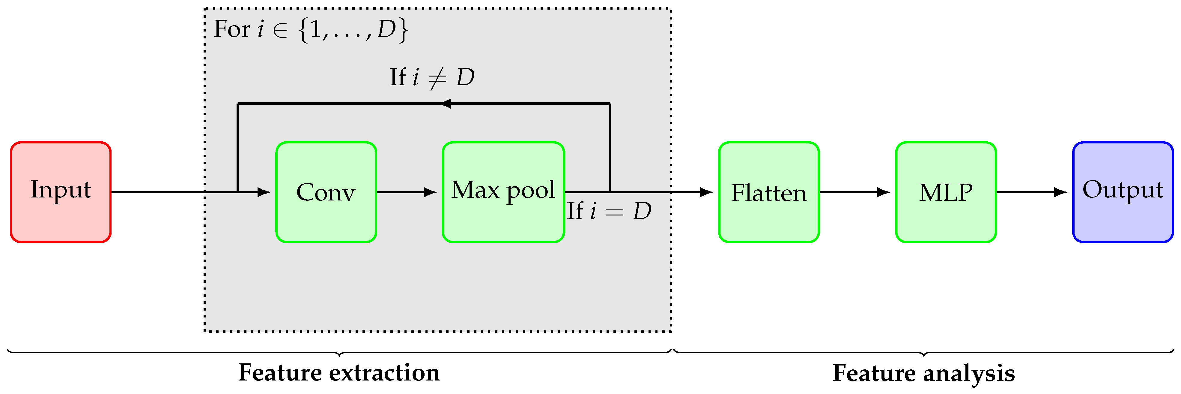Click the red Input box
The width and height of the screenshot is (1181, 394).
[x=61, y=192]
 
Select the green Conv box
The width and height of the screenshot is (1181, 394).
[x=326, y=192]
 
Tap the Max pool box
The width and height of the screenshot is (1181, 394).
[x=503, y=192]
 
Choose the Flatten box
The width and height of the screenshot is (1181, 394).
[x=768, y=192]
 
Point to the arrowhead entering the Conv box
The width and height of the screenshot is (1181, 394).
[x=264, y=192]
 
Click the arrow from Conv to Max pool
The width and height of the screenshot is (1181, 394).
[x=406, y=192]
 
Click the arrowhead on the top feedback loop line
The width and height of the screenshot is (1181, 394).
[x=445, y=104]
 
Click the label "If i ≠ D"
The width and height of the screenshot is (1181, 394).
[x=431, y=77]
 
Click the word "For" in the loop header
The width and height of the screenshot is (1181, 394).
[x=231, y=29]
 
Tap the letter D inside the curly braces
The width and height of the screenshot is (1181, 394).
[x=386, y=29]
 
